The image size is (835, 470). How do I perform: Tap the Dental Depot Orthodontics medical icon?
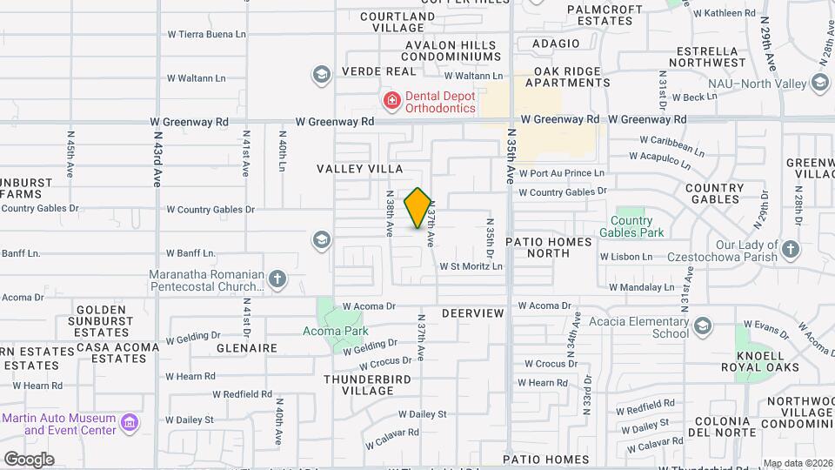coord(391,102)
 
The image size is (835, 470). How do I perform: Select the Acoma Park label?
coord(335,331)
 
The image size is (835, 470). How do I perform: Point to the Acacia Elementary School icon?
coord(702,326)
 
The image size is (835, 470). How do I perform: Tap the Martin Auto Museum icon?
coord(130,424)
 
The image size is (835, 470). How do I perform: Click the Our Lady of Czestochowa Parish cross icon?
coord(790,250)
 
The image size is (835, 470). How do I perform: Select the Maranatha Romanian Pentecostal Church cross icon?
coord(277,279)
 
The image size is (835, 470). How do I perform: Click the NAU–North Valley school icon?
coord(819,83)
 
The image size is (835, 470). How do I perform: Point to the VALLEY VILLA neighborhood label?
coord(360,168)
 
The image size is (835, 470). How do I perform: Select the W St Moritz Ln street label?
coord(471,266)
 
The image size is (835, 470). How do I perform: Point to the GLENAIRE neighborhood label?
coord(249,347)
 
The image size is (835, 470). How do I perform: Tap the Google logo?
coord(29,459)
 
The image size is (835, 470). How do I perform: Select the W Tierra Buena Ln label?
coord(207,35)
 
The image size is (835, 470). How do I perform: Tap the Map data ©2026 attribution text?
coord(797,463)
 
